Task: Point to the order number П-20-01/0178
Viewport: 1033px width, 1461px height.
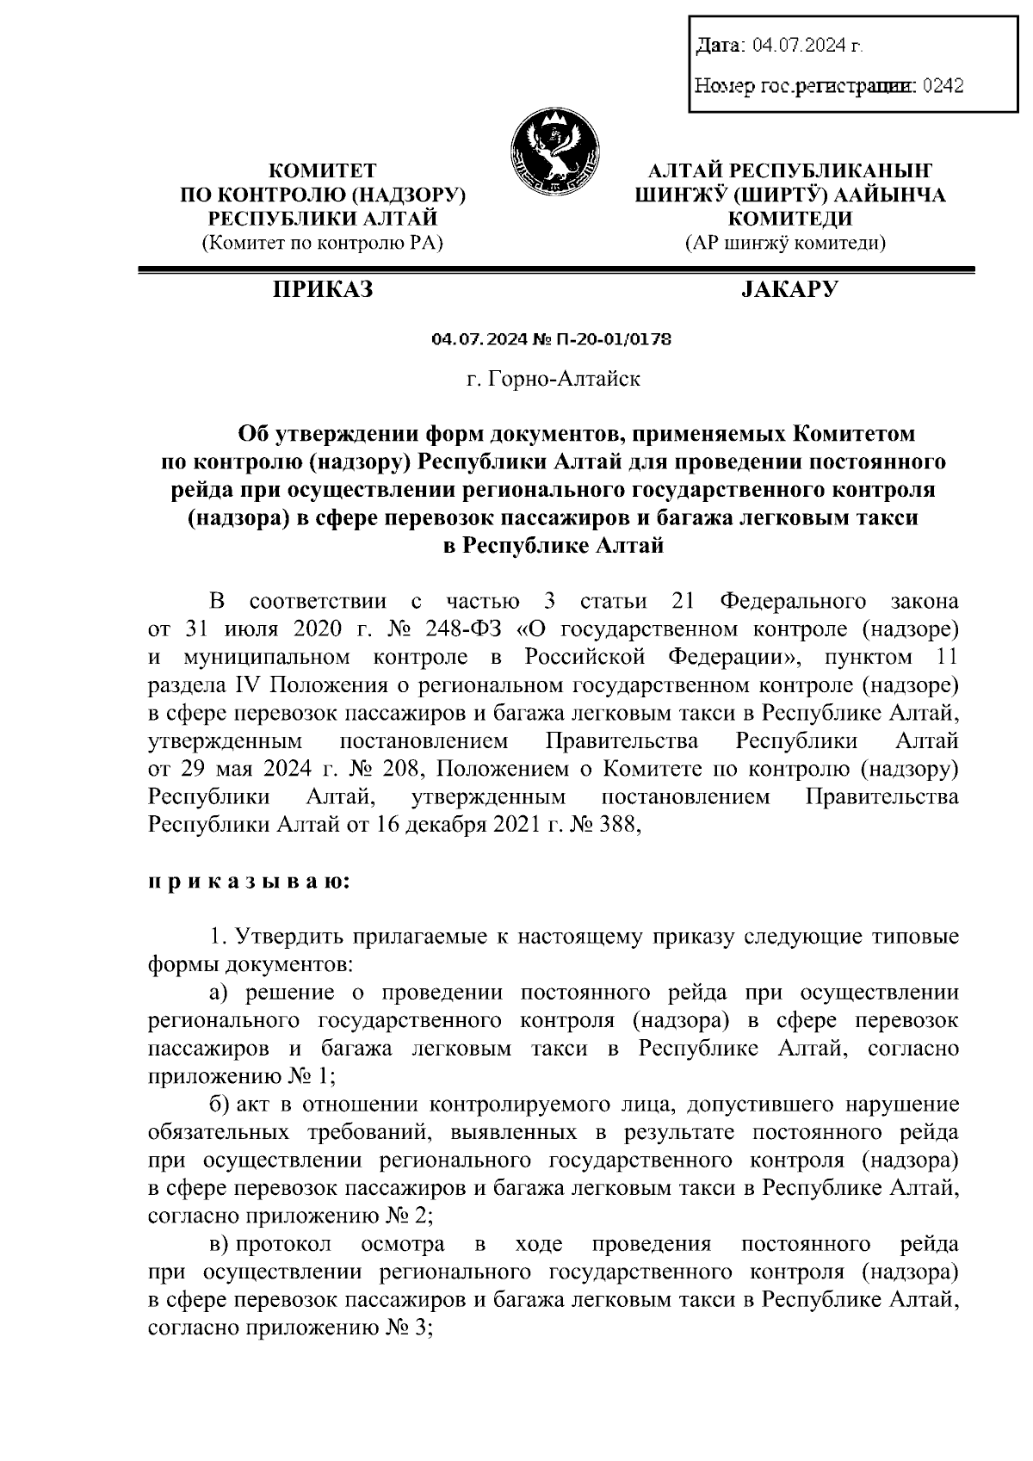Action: (616, 340)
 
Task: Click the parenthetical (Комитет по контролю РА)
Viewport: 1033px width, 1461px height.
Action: (322, 244)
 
